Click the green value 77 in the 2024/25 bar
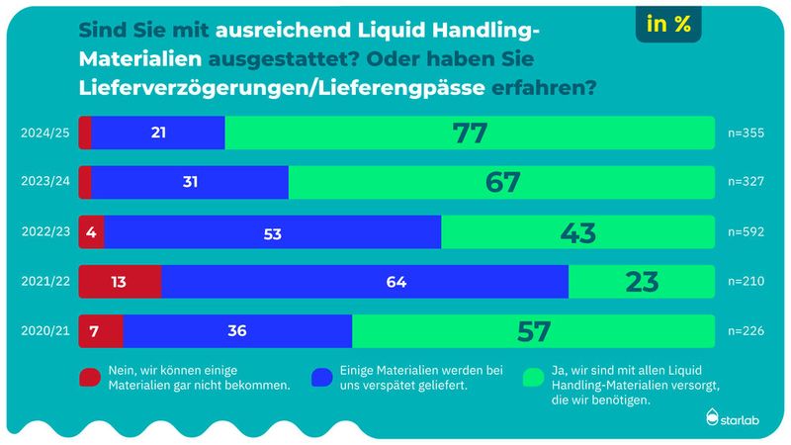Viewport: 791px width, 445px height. coord(470,133)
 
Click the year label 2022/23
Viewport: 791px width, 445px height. coord(47,232)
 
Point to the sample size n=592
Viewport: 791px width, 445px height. coord(747,232)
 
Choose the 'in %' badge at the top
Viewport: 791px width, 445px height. coord(668,27)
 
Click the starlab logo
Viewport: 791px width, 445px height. coord(737,419)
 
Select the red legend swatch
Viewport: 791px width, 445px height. coord(89,377)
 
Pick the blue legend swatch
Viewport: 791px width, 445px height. coord(321,377)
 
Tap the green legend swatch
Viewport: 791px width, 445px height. coord(534,377)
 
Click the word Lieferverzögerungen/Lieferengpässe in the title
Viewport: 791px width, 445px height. coord(281,87)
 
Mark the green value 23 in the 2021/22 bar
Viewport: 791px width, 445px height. coord(642,282)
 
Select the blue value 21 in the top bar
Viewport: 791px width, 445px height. coord(158,133)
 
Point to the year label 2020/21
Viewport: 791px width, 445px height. coord(47,331)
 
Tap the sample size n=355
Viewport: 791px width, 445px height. coord(747,133)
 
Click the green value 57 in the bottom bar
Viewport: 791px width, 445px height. coord(533,331)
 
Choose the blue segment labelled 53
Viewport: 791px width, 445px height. coord(273,232)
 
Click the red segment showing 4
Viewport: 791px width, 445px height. coord(91,232)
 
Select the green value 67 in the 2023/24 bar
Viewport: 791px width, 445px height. coord(501,183)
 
